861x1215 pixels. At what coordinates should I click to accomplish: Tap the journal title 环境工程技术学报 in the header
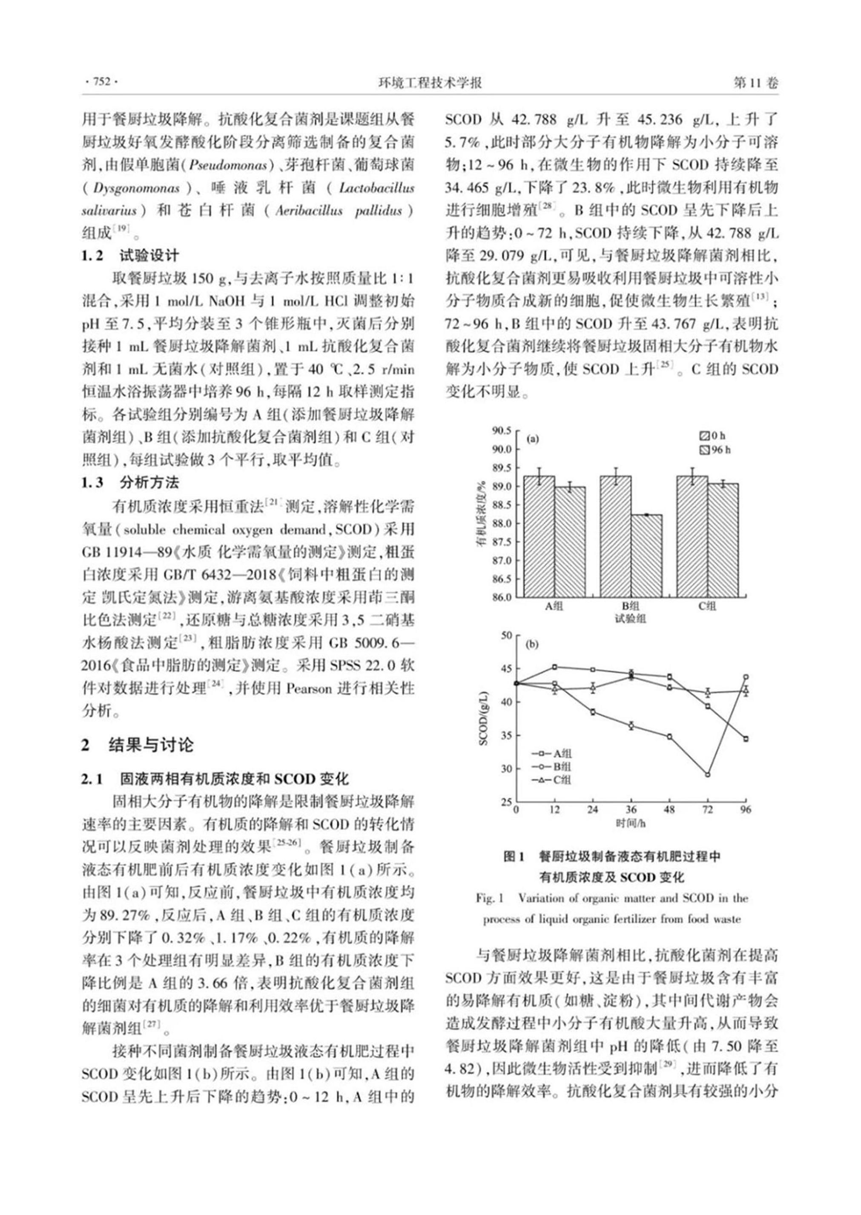430,83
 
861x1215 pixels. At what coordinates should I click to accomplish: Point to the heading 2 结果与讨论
137,745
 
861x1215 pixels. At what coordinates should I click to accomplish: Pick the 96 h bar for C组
723,540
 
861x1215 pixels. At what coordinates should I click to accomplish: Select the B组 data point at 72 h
707,774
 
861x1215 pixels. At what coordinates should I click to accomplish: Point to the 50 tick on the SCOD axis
506,635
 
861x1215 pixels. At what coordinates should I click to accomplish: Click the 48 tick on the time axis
669,809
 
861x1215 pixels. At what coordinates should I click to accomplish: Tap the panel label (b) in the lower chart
531,645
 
